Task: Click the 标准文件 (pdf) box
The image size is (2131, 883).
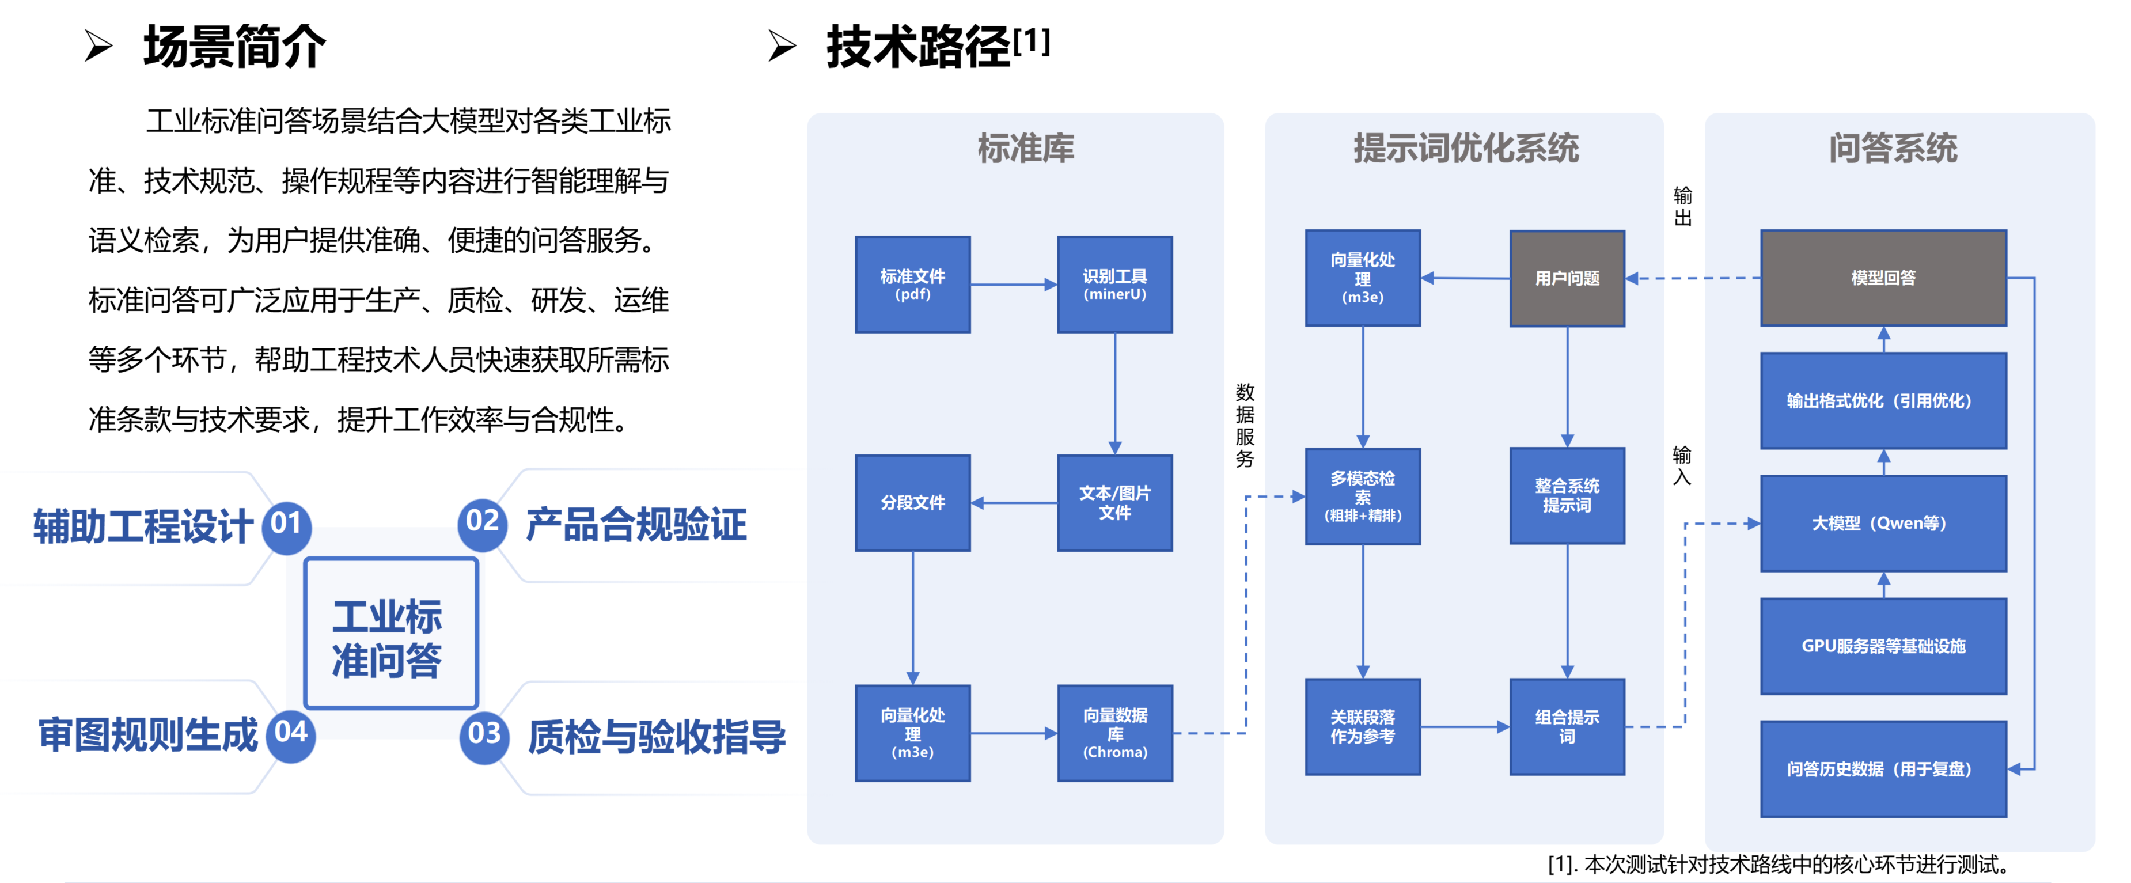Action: click(912, 284)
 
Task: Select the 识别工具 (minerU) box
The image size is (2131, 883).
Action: click(1114, 284)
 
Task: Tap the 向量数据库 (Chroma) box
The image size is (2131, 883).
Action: click(1114, 733)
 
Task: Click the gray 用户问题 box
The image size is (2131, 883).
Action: click(1566, 278)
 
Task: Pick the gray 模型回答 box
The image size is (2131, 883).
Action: click(1883, 278)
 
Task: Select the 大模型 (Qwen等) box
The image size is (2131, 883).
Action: click(1883, 523)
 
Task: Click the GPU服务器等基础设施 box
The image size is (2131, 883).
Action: click(1883, 646)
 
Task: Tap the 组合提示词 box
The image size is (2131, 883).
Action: click(1566, 726)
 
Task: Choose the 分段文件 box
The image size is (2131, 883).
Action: click(912, 502)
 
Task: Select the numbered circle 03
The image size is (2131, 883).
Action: click(484, 734)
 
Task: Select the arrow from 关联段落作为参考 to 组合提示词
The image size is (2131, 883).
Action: click(1464, 726)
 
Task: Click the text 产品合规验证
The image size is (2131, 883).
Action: click(635, 525)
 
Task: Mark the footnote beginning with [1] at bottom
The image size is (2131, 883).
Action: click(1779, 864)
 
